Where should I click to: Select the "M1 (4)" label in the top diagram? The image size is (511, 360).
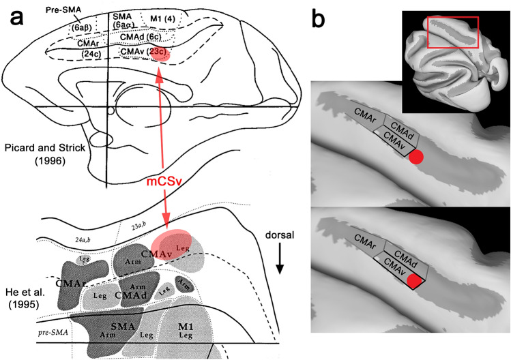pyautogui.click(x=158, y=17)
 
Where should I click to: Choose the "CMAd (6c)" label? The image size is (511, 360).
pyautogui.click(x=138, y=38)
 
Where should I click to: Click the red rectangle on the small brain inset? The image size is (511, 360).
pyautogui.click(x=452, y=32)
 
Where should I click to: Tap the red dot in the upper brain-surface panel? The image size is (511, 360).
pyautogui.click(x=415, y=159)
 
